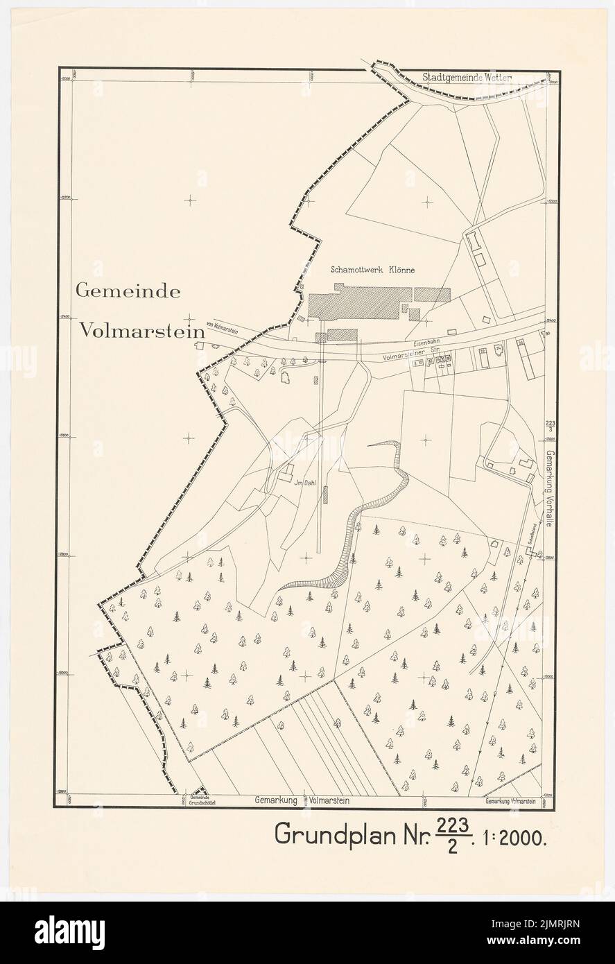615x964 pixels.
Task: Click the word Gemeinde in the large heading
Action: point(128,291)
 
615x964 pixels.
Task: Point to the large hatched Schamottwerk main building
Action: point(361,303)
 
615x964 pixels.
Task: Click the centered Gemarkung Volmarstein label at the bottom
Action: point(301,800)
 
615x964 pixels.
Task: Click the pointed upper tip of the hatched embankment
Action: point(369,447)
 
